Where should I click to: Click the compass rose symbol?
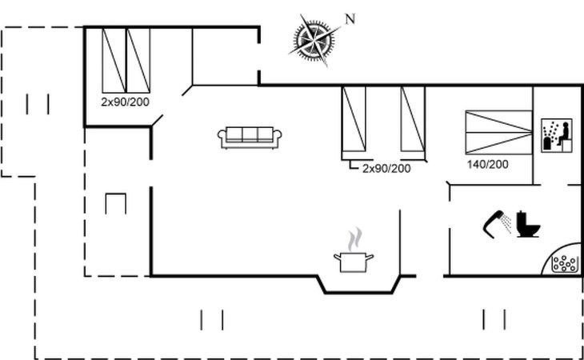tap(314, 39)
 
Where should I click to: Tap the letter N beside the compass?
tap(350, 19)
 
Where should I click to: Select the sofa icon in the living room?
tap(250, 138)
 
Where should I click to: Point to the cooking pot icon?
tap(354, 262)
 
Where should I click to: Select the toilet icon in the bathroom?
tap(528, 224)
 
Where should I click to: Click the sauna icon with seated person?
tap(557, 135)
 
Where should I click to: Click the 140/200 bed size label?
tap(487, 164)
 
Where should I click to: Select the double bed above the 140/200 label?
tap(498, 132)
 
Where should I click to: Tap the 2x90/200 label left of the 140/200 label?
tap(386, 169)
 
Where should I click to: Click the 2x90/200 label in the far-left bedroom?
tap(125, 102)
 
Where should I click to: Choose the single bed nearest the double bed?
tap(413, 119)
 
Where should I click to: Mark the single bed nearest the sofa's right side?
tap(354, 119)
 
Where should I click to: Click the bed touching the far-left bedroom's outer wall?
tap(114, 60)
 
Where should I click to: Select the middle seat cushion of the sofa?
tap(250, 134)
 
